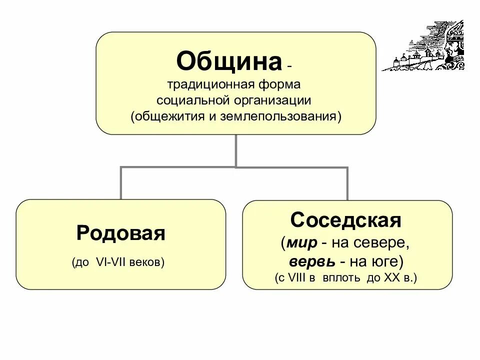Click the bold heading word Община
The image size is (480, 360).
(229, 61)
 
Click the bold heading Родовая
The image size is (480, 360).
(120, 233)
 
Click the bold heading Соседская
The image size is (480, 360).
(346, 220)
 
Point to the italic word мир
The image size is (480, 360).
(302, 243)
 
